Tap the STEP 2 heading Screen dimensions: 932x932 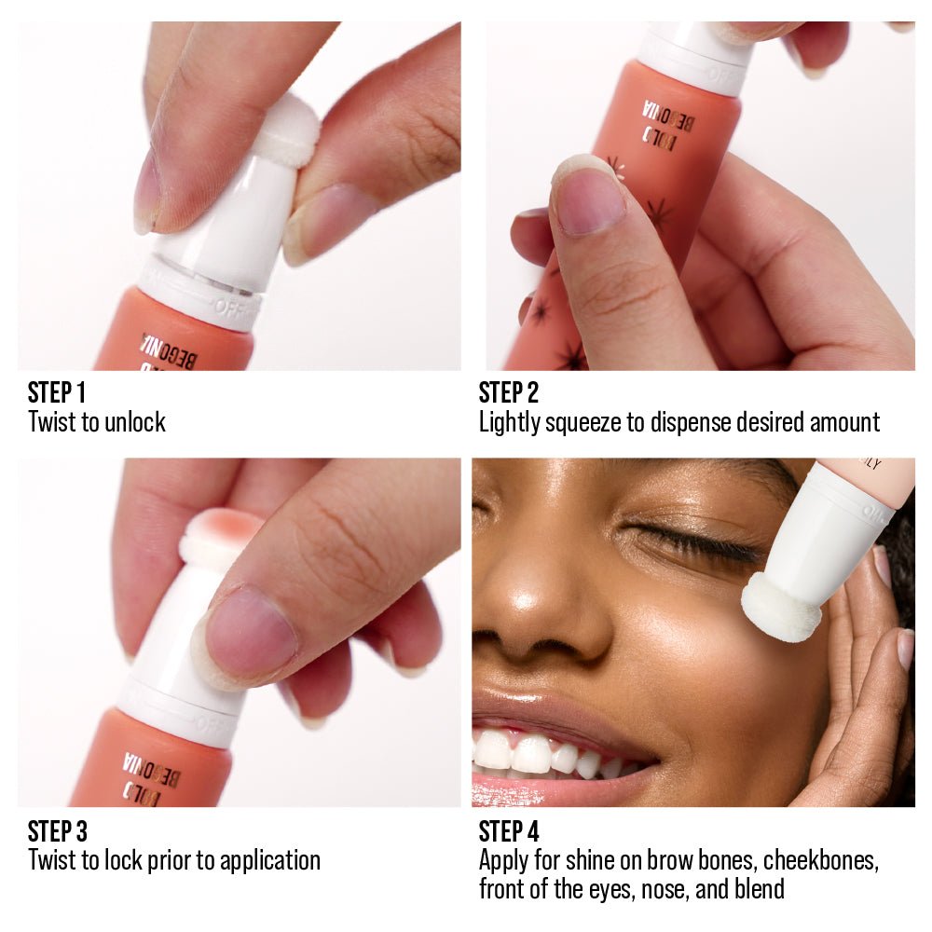coord(509,392)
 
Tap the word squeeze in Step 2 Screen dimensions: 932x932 coord(588,422)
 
